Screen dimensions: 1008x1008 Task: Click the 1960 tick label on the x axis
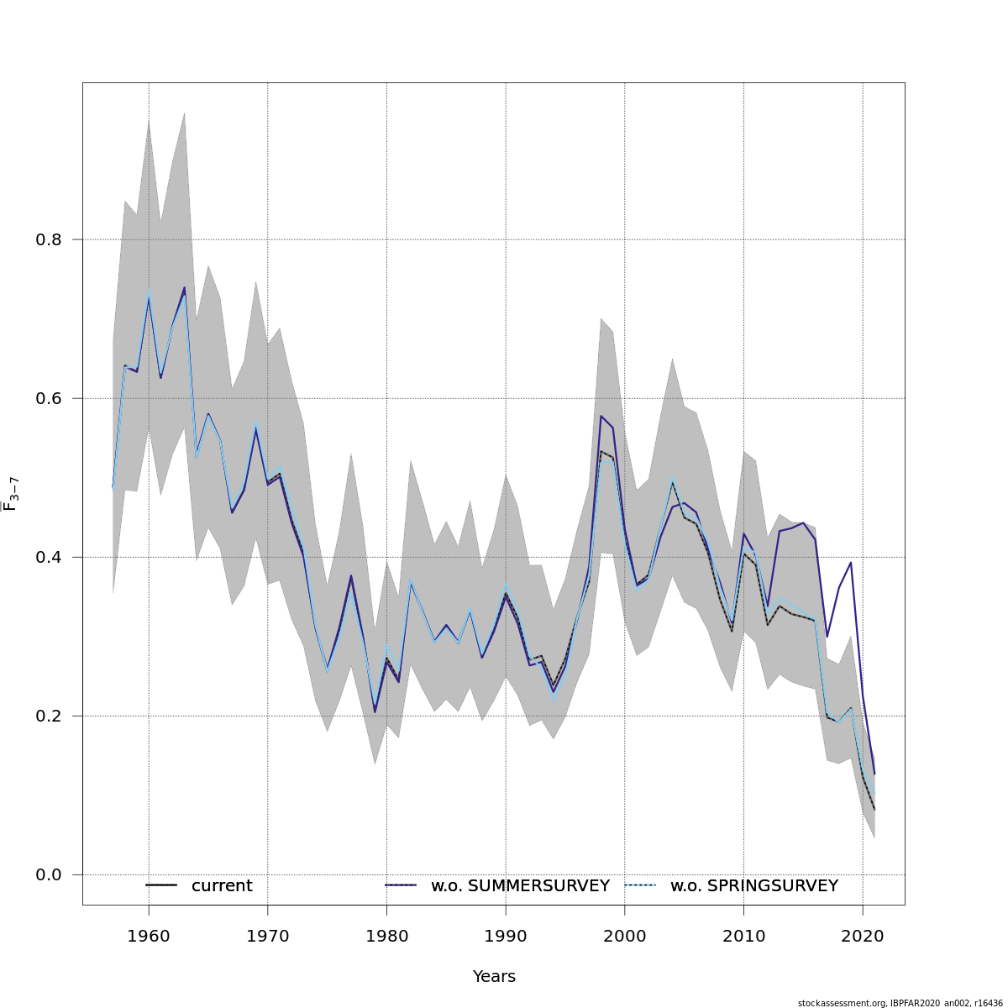tap(149, 935)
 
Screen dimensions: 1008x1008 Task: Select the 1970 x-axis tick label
tap(267, 935)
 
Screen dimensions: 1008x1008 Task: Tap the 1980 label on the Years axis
tap(386, 935)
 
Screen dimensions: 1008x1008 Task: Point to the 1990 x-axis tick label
tap(505, 935)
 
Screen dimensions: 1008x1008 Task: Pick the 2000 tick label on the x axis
tap(624, 935)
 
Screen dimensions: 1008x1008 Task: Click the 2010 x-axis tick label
tap(743, 935)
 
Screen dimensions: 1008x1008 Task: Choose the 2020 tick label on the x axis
tap(862, 935)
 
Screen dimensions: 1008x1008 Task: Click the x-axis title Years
tap(494, 977)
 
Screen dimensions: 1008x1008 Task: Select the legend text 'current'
tap(222, 886)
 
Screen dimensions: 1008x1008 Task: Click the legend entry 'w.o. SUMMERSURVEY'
tap(520, 886)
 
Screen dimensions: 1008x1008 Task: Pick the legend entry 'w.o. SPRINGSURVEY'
tap(753, 886)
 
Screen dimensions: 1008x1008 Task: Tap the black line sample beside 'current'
tap(161, 886)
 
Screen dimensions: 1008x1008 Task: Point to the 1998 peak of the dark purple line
tap(601, 416)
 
